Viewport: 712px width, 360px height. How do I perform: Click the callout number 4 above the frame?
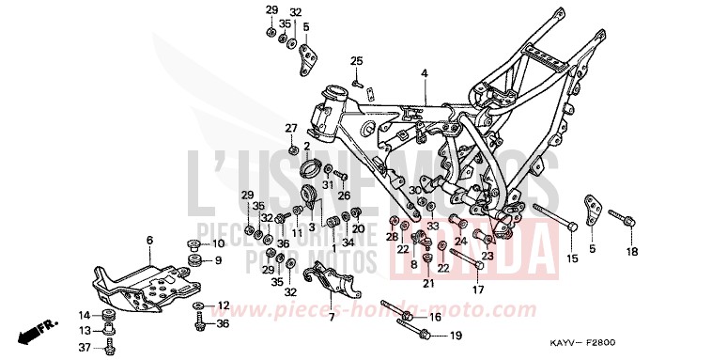pos(424,73)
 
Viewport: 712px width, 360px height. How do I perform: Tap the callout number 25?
pos(356,61)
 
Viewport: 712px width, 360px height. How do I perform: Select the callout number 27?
pos(291,128)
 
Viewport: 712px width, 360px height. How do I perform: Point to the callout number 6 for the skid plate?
pos(148,242)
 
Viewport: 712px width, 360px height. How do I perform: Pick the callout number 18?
pos(632,252)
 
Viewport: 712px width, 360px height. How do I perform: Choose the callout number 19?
pos(455,336)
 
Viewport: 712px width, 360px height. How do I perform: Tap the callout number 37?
pos(84,348)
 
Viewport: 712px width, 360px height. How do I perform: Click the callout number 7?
pos(331,317)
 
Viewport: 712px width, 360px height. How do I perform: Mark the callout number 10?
pos(218,243)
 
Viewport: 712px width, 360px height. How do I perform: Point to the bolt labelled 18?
pos(620,219)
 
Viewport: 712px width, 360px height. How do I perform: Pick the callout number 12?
pos(223,306)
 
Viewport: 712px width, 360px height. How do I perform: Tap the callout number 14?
pos(84,315)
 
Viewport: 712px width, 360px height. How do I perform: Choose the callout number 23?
pos(488,255)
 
